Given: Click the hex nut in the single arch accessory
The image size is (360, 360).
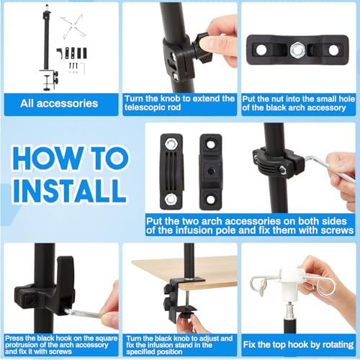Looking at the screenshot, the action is click(297, 50).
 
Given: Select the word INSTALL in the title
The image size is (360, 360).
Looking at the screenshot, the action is click(70, 192).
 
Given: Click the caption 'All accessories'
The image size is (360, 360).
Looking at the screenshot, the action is click(59, 104).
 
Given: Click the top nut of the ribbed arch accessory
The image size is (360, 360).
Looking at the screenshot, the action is click(171, 143).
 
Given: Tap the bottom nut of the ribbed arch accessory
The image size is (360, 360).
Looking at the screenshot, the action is click(171, 199).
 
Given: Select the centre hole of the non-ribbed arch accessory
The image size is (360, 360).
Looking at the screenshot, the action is click(211, 171).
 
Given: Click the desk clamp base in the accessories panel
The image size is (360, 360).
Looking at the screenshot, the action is click(49, 80).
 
